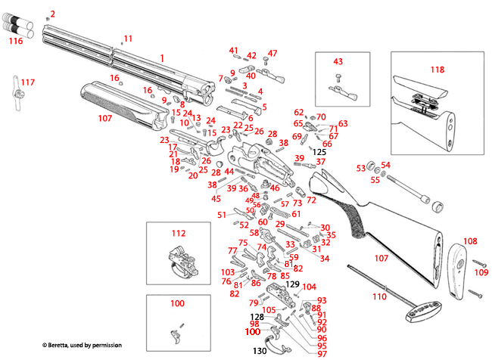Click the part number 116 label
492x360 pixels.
[15, 42]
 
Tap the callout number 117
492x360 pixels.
[28, 82]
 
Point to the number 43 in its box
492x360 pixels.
[338, 61]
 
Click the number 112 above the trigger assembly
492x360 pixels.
[178, 234]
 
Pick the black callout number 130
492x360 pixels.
[260, 352]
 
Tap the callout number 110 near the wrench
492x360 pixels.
[379, 296]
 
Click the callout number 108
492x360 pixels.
[470, 241]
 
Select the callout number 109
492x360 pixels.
[481, 272]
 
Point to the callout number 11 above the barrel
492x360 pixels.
[127, 38]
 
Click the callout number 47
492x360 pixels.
[273, 53]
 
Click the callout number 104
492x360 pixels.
[309, 287]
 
